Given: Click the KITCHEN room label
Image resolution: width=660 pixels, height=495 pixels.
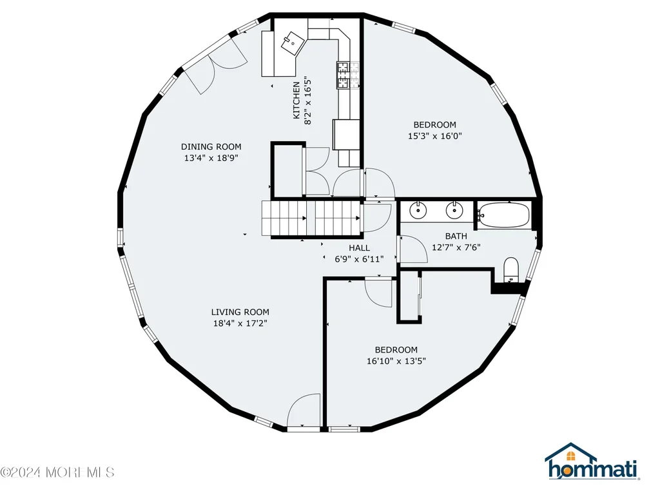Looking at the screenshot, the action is click(x=296, y=100).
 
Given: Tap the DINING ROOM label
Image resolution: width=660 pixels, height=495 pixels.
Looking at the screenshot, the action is click(x=211, y=146).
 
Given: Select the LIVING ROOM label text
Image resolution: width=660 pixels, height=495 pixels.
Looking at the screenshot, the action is click(x=240, y=312).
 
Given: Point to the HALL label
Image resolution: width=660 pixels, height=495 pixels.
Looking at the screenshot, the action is click(x=360, y=248).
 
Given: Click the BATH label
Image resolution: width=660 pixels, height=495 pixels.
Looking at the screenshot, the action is click(x=456, y=236).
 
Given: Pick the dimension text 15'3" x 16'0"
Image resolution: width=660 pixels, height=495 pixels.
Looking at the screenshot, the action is click(x=435, y=136).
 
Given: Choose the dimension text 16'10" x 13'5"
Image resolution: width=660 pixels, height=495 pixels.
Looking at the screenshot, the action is click(x=396, y=361).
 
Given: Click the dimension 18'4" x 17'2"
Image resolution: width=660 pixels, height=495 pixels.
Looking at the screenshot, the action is click(x=240, y=324).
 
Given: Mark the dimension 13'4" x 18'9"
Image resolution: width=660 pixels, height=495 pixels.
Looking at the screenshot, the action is click(x=211, y=158).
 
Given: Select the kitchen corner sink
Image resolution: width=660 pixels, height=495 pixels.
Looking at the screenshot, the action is click(x=293, y=43).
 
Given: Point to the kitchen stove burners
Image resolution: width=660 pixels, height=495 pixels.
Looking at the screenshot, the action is click(x=347, y=75).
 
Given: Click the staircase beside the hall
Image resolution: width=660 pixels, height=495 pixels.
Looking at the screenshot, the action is click(x=311, y=218).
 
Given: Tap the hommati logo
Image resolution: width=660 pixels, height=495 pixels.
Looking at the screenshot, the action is click(x=593, y=469).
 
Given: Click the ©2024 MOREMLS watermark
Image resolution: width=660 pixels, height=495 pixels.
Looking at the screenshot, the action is click(x=57, y=472).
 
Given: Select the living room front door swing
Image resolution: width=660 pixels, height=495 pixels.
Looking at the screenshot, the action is click(x=304, y=410).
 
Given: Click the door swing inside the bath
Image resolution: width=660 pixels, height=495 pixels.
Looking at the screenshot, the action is click(x=413, y=249).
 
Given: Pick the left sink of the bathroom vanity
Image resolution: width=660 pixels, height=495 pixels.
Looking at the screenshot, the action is click(x=418, y=210).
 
